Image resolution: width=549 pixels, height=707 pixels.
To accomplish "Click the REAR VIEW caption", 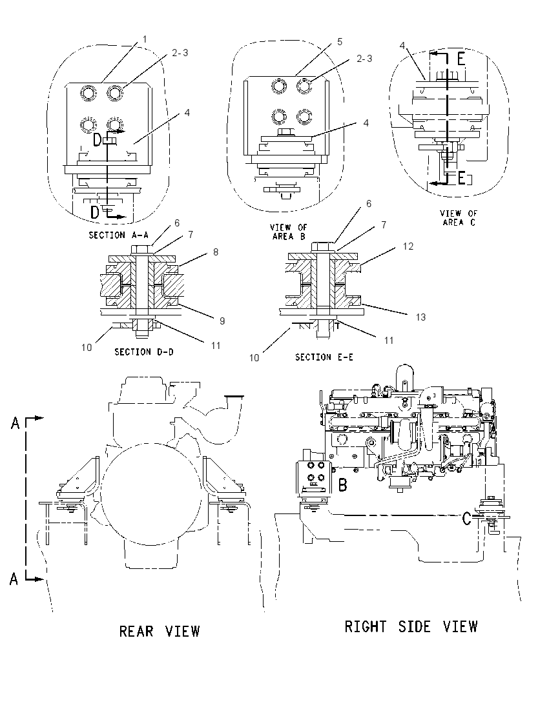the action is [x=160, y=632].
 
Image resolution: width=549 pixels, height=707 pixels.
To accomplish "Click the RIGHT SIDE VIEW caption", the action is [x=411, y=626].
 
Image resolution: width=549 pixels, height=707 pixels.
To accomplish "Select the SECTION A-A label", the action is [x=119, y=235].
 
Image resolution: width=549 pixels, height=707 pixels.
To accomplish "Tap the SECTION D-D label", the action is [x=143, y=352].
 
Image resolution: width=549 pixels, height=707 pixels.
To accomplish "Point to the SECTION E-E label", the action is [x=324, y=357].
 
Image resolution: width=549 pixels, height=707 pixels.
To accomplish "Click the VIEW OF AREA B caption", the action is [x=289, y=232].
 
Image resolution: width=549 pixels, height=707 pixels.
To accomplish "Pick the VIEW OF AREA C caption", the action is [x=459, y=218].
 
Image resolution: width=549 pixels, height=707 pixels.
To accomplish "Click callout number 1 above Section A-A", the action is [x=145, y=39].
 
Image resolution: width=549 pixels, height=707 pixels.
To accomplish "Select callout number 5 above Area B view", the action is [x=340, y=41].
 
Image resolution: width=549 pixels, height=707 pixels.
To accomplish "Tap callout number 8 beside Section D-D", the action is [x=216, y=252].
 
